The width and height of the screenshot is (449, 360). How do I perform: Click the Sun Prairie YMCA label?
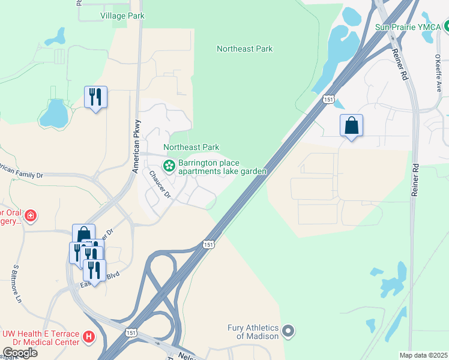(408, 27)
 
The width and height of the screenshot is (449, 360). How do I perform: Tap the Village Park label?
(122, 16)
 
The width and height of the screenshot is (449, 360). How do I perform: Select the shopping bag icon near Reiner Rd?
(351, 126)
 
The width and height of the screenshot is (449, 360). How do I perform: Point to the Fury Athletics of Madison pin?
(289, 331)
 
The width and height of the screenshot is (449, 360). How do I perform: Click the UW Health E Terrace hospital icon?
(89, 337)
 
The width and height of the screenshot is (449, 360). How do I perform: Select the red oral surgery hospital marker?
(30, 215)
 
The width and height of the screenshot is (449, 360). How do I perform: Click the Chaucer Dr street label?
(160, 185)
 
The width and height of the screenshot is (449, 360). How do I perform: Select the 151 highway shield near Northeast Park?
(328, 100)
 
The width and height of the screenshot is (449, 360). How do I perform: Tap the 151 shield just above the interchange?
(208, 244)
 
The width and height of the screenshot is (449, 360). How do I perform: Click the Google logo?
(20, 353)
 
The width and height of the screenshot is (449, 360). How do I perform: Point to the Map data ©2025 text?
(424, 355)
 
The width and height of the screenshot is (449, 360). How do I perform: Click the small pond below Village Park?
(56, 37)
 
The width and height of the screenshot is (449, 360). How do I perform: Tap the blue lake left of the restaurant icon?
(55, 112)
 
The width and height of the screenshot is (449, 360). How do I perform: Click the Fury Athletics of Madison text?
(253, 332)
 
